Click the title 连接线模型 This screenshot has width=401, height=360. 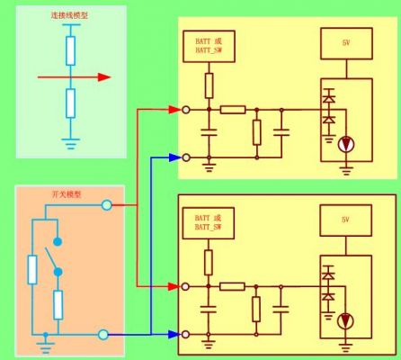tap(69, 15)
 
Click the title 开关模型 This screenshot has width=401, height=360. tap(67, 194)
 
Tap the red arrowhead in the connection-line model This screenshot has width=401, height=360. tap(104, 77)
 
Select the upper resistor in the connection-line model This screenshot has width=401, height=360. tap(70, 50)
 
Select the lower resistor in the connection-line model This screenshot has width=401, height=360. tap(70, 103)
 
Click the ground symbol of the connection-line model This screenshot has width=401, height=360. tap(70, 144)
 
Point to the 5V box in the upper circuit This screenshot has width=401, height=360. tap(346, 44)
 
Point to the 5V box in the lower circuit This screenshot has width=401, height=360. tap(346, 220)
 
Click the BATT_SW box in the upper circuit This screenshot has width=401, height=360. tap(209, 46)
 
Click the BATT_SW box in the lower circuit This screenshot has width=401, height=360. tap(209, 223)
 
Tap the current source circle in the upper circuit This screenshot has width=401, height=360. tap(346, 144)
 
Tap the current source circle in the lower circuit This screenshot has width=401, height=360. tap(345, 321)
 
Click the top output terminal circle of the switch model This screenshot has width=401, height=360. tap(107, 205)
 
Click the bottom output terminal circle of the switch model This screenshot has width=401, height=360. tap(103, 335)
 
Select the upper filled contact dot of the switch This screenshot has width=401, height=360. tap(58, 241)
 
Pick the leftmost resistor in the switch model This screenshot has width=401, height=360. tap(32, 270)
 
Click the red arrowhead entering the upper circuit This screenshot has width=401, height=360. tap(174, 110)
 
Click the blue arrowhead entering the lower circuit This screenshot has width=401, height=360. tap(174, 334)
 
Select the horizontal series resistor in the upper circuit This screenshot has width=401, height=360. tap(233, 110)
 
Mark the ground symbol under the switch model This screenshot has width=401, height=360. tap(45, 346)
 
